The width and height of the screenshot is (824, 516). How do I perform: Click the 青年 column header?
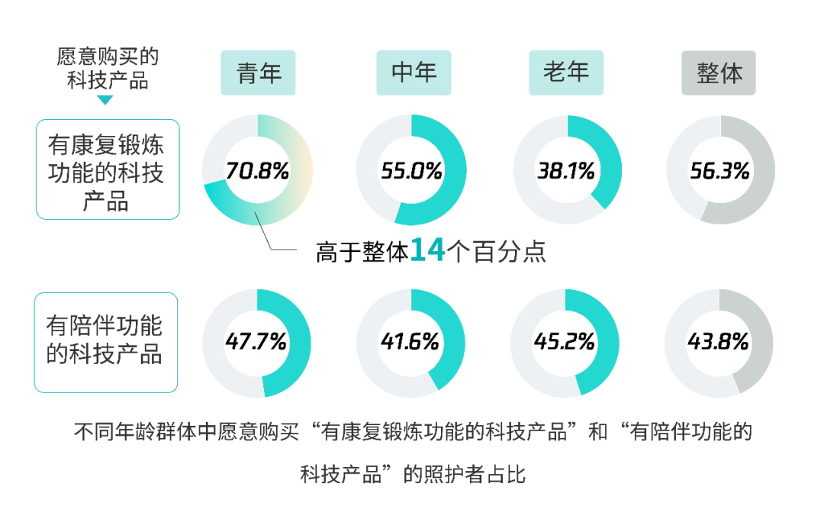coord(258,73)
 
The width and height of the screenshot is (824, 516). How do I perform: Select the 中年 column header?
coord(414,73)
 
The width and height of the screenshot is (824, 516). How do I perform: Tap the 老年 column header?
coord(565,73)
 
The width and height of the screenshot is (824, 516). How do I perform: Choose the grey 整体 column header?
coord(718,73)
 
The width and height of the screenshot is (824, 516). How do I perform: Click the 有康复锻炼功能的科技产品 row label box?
coord(108,169)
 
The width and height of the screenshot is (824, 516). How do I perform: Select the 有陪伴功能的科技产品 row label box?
coord(106,342)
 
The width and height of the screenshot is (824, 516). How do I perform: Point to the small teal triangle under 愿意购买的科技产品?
coord(105,100)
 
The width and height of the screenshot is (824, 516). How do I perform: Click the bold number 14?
coord(427,250)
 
